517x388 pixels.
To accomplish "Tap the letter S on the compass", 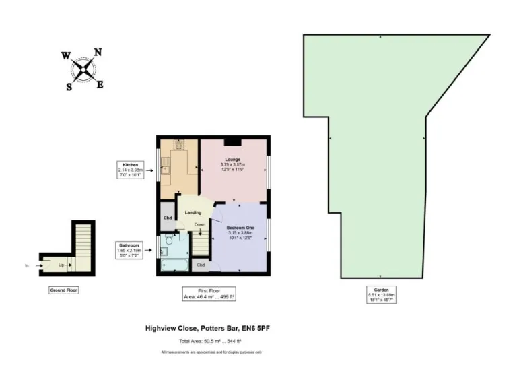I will coord(69,86).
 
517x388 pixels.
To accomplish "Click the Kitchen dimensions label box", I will coord(130,169).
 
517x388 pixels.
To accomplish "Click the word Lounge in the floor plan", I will coord(233,160).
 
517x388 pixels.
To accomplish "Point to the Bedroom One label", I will coord(240,228).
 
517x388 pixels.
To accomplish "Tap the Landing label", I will coord(194,213).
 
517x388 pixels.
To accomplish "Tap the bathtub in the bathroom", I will coord(176,265).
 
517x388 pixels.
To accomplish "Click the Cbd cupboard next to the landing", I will coord(167,218).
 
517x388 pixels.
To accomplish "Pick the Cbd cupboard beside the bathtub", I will coord(201,265).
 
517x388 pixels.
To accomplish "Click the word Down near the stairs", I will coord(200,224).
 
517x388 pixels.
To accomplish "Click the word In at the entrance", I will coord(27,265).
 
